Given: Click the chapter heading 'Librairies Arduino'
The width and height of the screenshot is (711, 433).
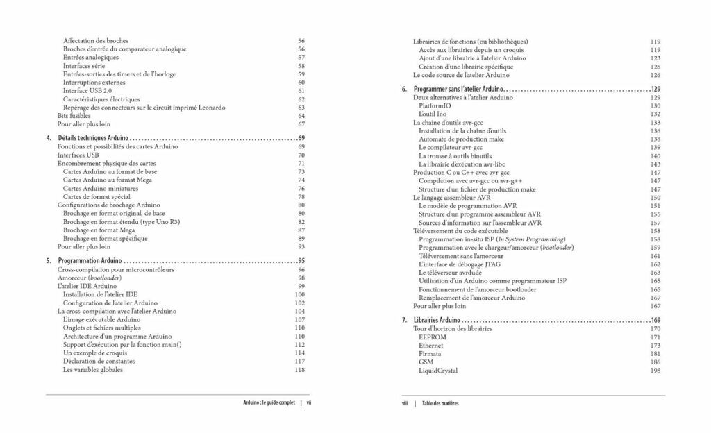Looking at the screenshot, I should click(x=437, y=320).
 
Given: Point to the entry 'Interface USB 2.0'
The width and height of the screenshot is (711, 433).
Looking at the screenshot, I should click(x=87, y=91).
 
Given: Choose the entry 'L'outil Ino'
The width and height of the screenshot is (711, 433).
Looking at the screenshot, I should click(x=433, y=114).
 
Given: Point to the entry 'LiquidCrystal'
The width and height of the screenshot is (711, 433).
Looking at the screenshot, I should click(x=438, y=371).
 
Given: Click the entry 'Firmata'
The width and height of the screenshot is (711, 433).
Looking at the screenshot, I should click(x=431, y=353).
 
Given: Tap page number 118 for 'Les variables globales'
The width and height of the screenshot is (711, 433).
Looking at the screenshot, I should click(x=300, y=370).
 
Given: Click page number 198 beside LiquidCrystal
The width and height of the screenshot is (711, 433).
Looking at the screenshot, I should click(x=655, y=371).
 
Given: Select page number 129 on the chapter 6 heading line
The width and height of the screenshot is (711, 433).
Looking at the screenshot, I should click(x=655, y=90).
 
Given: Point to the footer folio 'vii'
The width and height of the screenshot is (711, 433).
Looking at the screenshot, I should click(x=309, y=403).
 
